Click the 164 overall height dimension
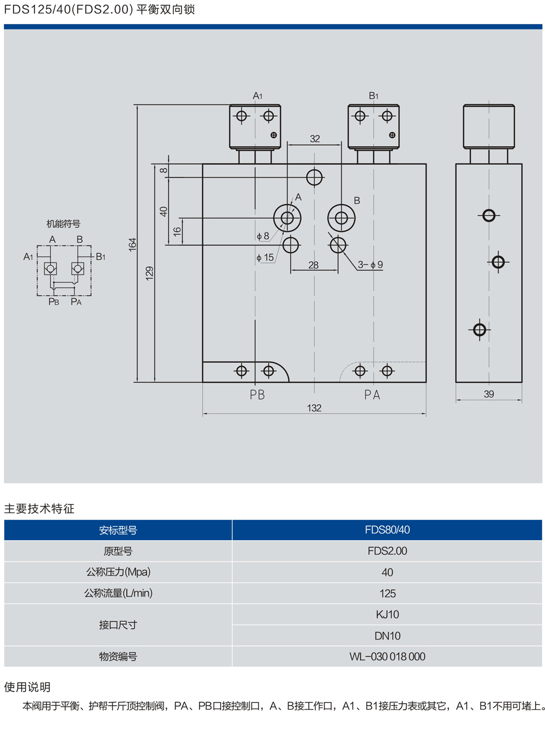click(x=133, y=244)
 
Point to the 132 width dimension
click(x=314, y=408)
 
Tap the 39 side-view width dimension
click(x=489, y=394)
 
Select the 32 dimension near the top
click(x=315, y=139)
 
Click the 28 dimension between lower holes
click(x=313, y=265)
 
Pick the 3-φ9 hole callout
click(x=370, y=265)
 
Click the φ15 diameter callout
click(x=265, y=257)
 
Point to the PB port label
click(x=257, y=395)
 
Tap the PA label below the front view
click(x=372, y=395)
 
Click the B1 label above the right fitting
click(x=374, y=96)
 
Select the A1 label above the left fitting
click(x=257, y=96)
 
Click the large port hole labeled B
click(x=342, y=218)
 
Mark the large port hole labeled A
click(x=287, y=218)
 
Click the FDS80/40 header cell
click(x=387, y=530)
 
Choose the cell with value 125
click(x=387, y=594)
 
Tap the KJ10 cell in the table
click(x=387, y=615)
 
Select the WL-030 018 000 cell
click(x=387, y=657)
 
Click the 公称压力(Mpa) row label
click(x=118, y=572)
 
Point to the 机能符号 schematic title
click(x=63, y=224)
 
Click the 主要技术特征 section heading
click(x=39, y=509)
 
